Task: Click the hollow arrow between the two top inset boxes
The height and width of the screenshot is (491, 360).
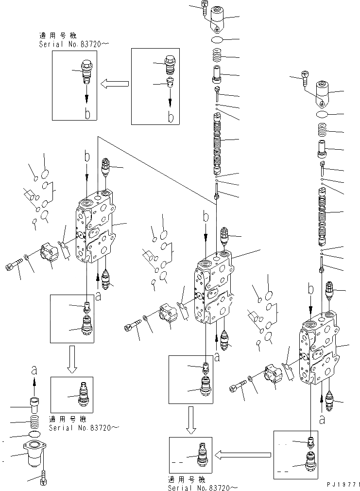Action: pos(115,84)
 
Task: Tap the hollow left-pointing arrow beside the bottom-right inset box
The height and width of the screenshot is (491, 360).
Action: pos(243,455)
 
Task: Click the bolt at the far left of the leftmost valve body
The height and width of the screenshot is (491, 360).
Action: pos(13,266)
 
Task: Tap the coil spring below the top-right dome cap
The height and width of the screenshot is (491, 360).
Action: pos(321,130)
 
